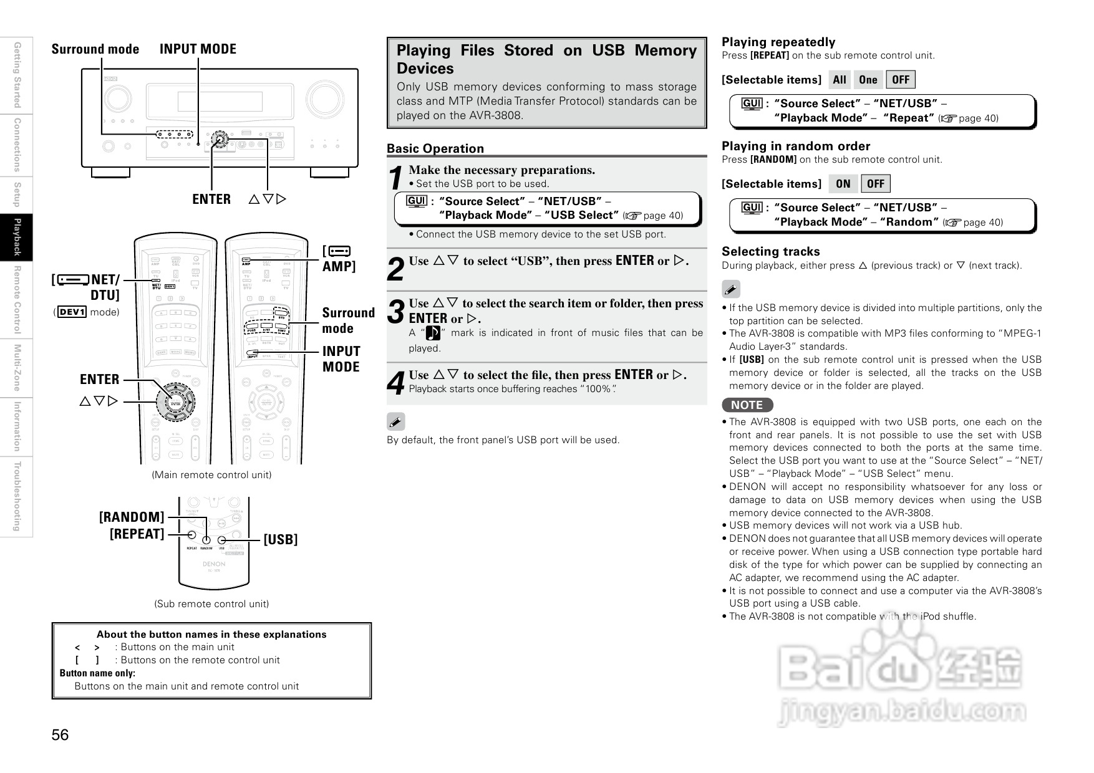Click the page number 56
click(60, 735)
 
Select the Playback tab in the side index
click(17, 237)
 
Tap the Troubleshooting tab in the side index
click(17, 496)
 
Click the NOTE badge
click(747, 405)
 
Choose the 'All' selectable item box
click(840, 80)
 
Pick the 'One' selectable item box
click(868, 80)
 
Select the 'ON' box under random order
click(843, 184)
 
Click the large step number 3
click(396, 312)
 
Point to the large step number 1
click(395, 178)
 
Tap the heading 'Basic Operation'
click(435, 148)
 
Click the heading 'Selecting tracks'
click(770, 251)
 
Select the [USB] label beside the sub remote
click(280, 539)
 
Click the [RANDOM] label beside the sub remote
click(132, 517)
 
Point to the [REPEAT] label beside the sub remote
click(137, 534)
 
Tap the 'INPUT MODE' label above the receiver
click(198, 49)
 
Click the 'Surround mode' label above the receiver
click(95, 49)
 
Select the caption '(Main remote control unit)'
click(211, 475)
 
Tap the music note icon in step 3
click(433, 333)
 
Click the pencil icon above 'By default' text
click(395, 422)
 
